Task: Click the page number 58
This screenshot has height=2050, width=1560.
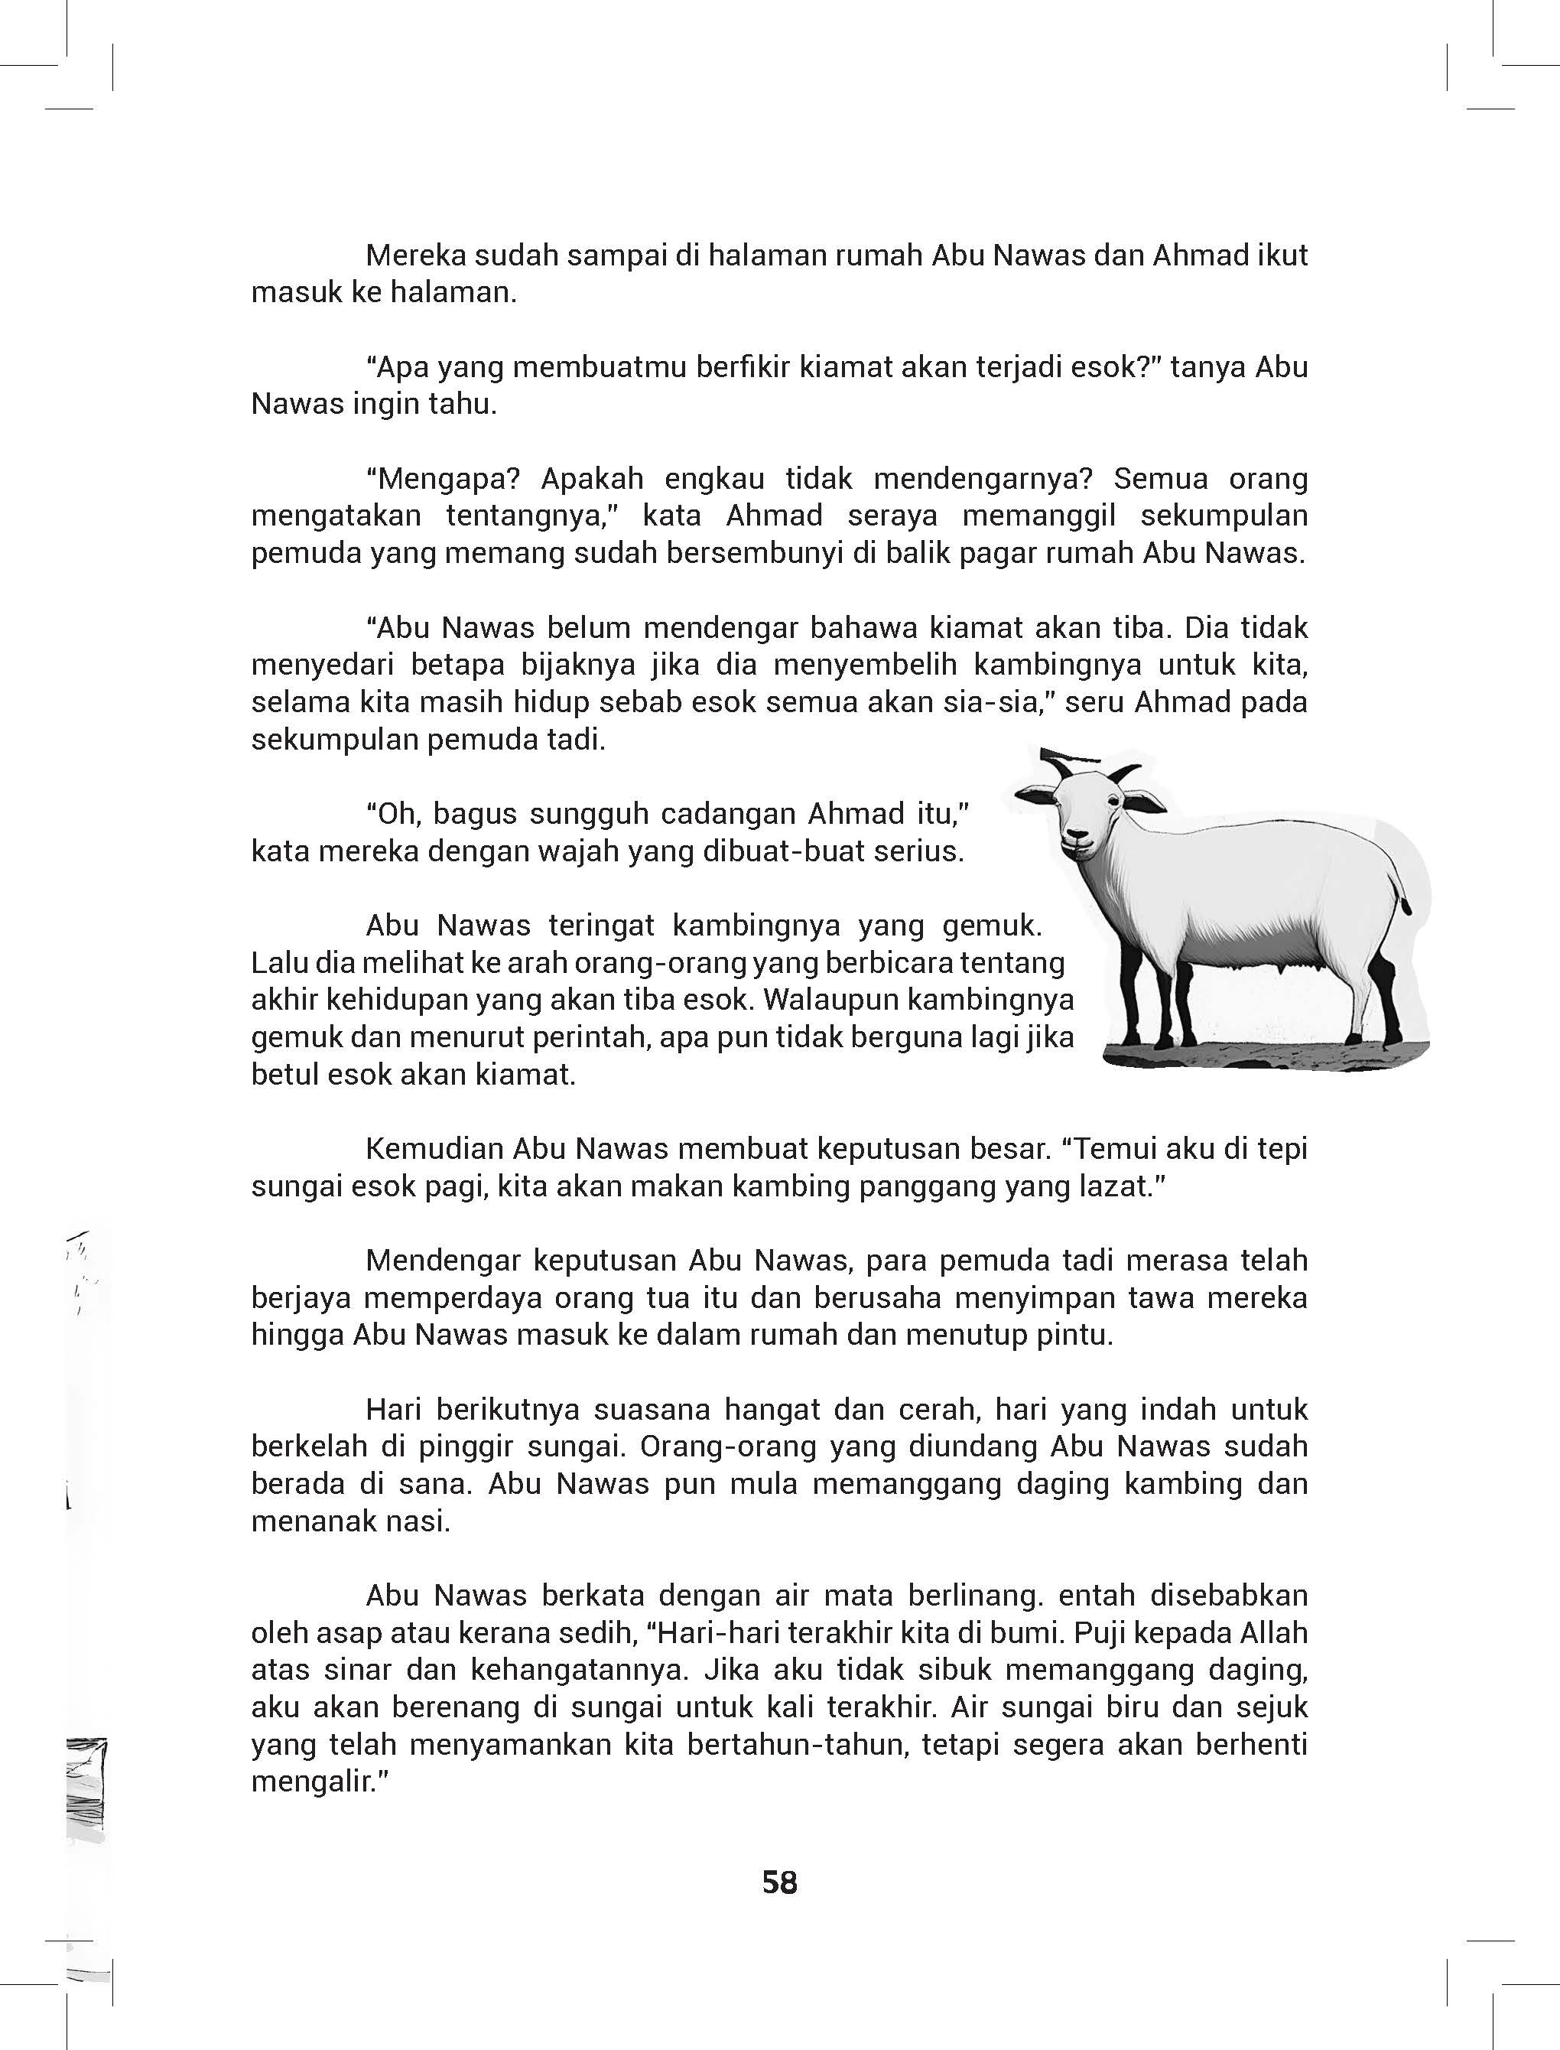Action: pos(779,1882)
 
